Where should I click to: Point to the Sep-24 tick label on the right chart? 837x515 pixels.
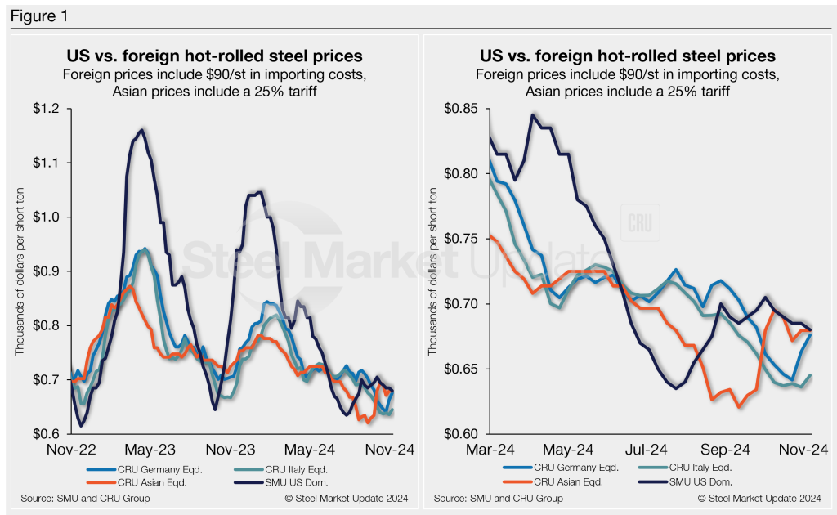pos(725,450)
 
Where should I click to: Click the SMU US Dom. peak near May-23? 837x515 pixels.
pos(143,129)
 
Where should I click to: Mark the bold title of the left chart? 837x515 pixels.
pos(213,57)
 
